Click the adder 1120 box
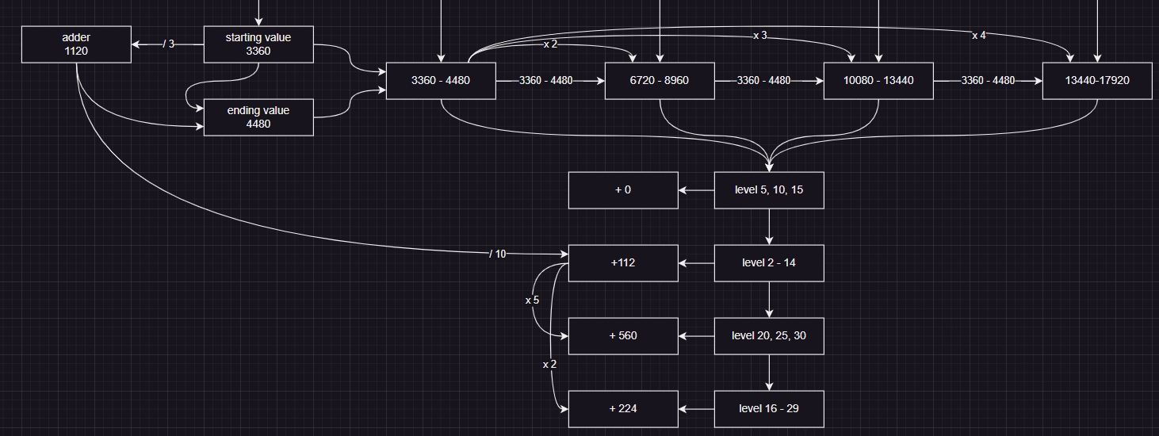76,44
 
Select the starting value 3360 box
258,44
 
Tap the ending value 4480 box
258,117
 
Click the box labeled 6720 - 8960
660,81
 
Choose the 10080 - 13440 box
878,81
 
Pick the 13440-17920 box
1097,81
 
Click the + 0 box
623,190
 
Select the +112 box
623,263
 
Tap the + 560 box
623,336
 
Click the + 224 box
623,409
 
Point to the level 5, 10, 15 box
769,190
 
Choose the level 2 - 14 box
769,263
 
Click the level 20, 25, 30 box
769,336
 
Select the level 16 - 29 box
769,409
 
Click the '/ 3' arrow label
168,44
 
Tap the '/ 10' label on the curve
498,254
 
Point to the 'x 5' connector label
532,300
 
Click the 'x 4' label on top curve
979,35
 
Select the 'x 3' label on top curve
760,36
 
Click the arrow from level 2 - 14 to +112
697,263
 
